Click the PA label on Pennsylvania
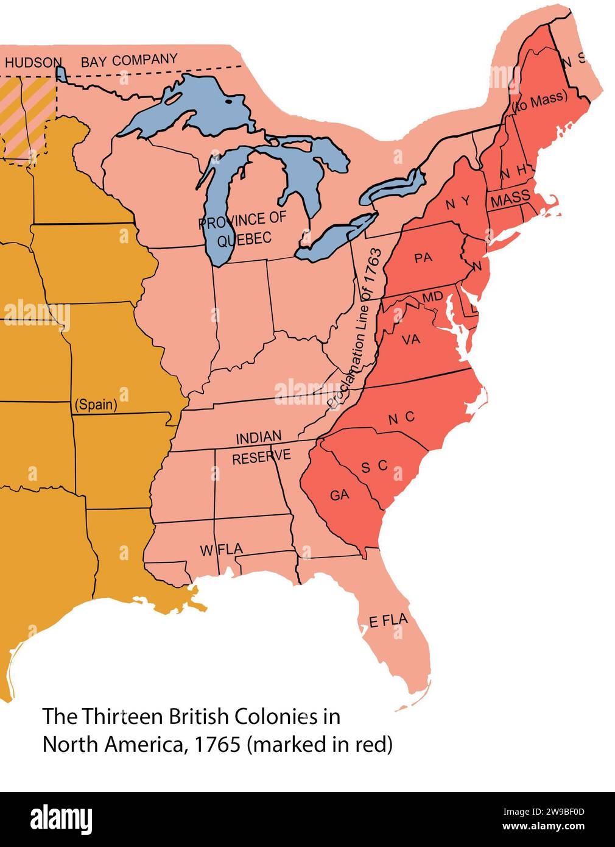423,258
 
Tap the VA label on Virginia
412,340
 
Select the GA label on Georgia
340,495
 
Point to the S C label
374,466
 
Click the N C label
401,417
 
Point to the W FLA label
222,550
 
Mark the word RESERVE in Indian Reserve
261,457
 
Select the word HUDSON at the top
33,62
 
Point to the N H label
513,174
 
